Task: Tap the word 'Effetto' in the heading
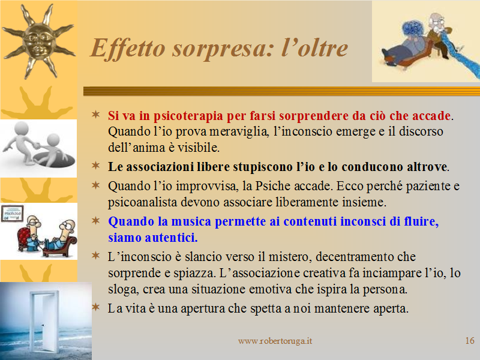point(128,49)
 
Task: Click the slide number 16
point(470,340)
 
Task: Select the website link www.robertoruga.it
point(275,341)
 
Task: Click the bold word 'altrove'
point(427,167)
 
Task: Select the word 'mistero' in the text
point(290,257)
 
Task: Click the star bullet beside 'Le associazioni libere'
point(96,166)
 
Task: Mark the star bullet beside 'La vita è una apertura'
point(96,307)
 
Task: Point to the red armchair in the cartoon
point(26,239)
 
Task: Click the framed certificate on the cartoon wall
point(12,214)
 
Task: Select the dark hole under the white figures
point(55,160)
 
